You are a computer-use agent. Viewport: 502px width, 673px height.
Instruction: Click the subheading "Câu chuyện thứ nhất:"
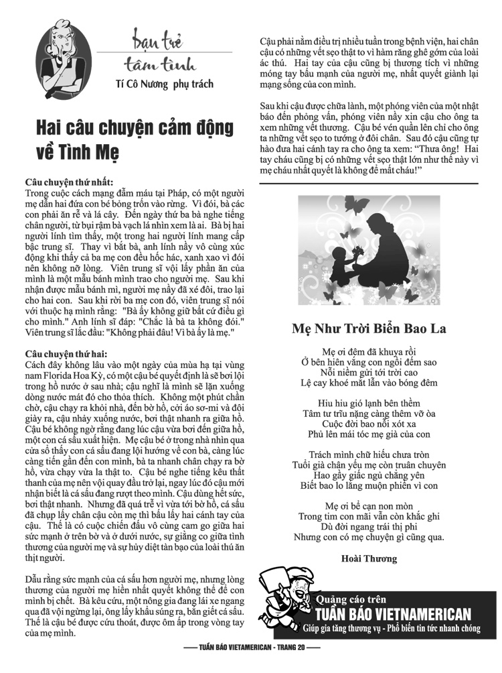69,182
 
